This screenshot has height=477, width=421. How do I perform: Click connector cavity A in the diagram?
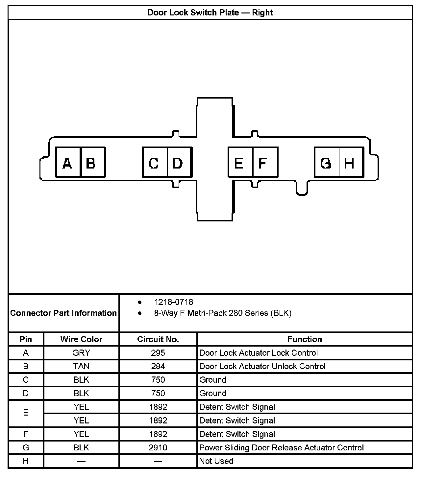tap(68, 163)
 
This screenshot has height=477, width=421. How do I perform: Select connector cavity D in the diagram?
tap(179, 163)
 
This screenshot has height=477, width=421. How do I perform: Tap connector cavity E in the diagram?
tap(240, 163)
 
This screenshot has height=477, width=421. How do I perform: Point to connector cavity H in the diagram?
tap(351, 163)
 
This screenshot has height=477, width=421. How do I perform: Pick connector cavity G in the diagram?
tap(327, 163)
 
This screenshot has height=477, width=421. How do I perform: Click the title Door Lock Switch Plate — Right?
tap(210, 13)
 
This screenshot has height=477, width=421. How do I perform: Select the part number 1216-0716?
tap(174, 302)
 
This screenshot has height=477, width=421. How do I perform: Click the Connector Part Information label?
tap(63, 313)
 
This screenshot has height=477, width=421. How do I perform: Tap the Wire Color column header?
tap(81, 339)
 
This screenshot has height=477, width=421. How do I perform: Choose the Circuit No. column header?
tap(158, 339)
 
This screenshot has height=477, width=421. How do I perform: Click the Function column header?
tap(305, 339)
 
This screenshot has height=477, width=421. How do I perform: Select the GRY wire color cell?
tap(81, 353)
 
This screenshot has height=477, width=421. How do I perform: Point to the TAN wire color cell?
tap(81, 366)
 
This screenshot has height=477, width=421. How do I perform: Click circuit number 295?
tap(158, 353)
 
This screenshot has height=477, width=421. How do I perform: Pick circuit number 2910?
tap(158, 447)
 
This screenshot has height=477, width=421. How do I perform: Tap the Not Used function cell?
tap(216, 461)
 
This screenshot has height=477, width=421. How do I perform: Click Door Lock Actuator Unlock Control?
tap(262, 366)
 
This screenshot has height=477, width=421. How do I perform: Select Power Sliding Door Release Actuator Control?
tap(282, 447)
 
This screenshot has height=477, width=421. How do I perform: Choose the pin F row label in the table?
tap(26, 434)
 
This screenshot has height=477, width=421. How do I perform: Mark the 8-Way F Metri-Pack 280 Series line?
tap(223, 313)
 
